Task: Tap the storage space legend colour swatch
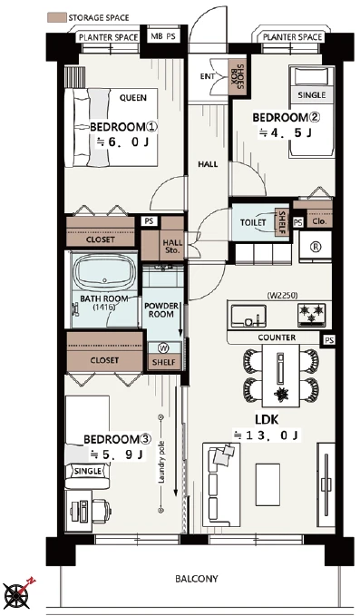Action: [56, 17]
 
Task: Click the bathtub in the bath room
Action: [104, 273]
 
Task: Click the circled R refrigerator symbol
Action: [316, 247]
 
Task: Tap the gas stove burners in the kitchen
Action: [311, 312]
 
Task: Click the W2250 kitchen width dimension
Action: [279, 295]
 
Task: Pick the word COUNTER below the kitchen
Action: [277, 337]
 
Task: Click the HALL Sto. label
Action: [172, 247]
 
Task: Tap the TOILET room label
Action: [253, 222]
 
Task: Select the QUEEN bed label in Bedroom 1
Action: [133, 98]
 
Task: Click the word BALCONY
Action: [197, 579]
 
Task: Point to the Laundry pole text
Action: [161, 463]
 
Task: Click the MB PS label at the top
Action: [163, 36]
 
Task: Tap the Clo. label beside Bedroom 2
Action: [319, 221]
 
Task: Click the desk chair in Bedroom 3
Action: [101, 511]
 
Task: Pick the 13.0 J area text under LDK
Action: [267, 435]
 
